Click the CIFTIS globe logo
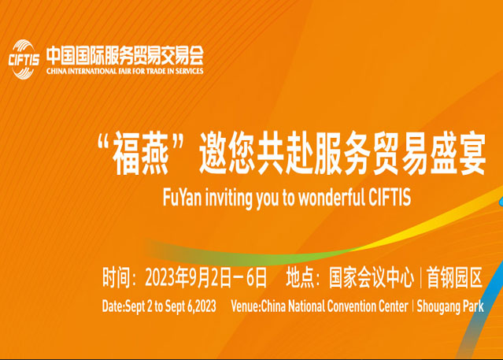coord(24,59)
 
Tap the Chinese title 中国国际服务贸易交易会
coord(125,56)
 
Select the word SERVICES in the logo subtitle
coord(189,71)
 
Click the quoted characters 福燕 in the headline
coord(141,154)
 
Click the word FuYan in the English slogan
coord(182,197)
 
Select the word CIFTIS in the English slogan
coord(390,196)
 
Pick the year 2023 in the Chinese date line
coord(161,277)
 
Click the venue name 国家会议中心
coord(372,277)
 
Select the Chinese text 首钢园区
coord(454,277)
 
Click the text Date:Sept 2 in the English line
coord(128,306)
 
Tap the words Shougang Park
coord(450,306)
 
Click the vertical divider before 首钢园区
coord(420,277)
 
